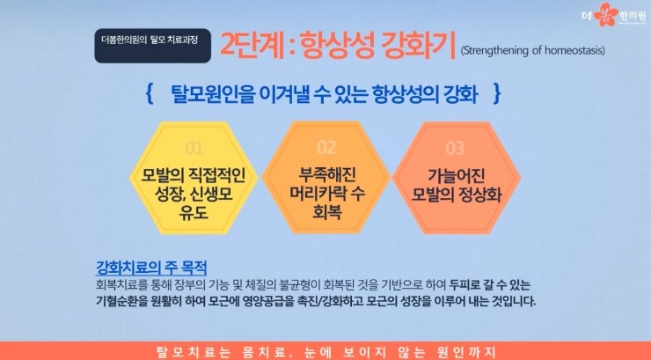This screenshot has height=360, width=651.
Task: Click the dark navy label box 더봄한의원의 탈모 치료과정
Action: pos(153,46)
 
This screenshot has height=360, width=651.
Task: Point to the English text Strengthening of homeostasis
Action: pos(532,51)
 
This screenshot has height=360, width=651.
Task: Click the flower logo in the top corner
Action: pos(607,15)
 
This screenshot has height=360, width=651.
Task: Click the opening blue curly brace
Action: pos(150,94)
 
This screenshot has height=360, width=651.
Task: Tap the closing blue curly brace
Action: pos(496,94)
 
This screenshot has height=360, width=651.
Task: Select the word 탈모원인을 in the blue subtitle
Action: pos(208,94)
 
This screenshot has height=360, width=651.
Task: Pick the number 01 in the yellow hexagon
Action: pos(194,148)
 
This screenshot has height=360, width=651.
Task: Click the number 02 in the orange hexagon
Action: pos(326,147)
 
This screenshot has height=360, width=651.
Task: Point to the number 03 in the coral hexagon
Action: pos(455,148)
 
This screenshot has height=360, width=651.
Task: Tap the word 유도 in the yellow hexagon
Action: pos(194,213)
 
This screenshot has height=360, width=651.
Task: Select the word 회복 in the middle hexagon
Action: pos(327,212)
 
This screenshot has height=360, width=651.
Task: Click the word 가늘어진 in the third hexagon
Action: pos(457,175)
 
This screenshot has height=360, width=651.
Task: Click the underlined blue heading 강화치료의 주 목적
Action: pos(151,268)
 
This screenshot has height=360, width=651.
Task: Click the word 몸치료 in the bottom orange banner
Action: pos(260,353)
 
